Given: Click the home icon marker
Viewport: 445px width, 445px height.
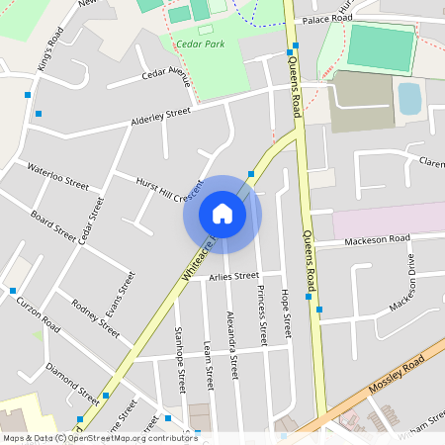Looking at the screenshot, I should tap(222, 214).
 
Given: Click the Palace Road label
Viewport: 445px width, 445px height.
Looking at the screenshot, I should tap(327, 19).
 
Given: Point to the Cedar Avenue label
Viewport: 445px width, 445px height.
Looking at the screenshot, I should tap(165, 73).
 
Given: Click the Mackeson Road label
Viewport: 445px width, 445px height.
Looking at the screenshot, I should tap(377, 239).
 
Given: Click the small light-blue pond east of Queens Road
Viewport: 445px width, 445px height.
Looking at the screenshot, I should tap(408, 98).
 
